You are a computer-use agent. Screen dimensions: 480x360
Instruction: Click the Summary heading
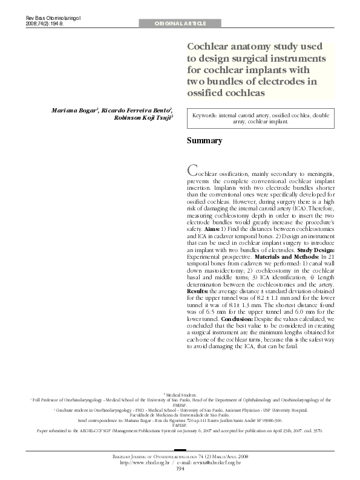click(x=204, y=141)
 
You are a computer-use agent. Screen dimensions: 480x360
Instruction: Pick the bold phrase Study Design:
click(x=313, y=249)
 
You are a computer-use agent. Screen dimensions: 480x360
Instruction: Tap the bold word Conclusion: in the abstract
click(x=241, y=317)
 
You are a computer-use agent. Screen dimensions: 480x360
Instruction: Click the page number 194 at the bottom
click(x=180, y=469)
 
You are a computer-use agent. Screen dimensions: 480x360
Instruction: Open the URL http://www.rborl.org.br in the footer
click(x=145, y=462)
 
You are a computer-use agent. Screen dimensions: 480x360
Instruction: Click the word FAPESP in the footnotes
click(x=180, y=426)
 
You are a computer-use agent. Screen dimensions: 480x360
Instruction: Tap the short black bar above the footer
click(x=180, y=450)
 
